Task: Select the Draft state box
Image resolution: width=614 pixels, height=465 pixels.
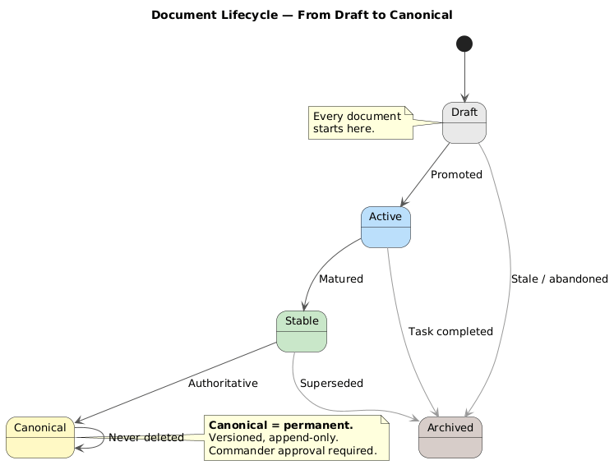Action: [x=464, y=122]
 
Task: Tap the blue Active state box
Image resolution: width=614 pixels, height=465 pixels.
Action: [x=385, y=227]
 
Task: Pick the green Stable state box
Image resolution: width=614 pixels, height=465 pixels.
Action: [x=302, y=331]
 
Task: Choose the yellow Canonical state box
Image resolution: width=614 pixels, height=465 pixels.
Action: [x=39, y=437]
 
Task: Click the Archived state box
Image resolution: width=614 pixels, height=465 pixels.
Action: [x=450, y=437]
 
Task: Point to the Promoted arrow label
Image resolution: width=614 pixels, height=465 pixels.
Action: [x=456, y=175]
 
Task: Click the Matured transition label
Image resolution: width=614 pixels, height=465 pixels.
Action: [x=340, y=279]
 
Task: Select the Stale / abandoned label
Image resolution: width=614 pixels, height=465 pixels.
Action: [x=559, y=279]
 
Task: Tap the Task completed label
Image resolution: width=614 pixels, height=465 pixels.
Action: [x=450, y=332]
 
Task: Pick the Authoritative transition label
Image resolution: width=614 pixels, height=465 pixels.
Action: [x=223, y=384]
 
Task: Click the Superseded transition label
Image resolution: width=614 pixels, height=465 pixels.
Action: [x=331, y=384]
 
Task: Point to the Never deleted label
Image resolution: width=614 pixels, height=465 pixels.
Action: [x=145, y=438]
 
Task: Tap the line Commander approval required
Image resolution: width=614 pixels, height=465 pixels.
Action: [x=293, y=450]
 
